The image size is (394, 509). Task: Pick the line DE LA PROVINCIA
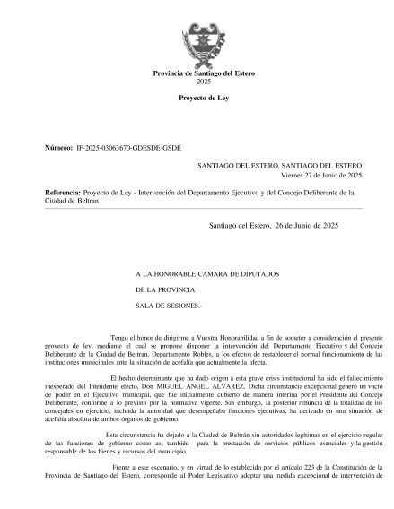[x=163, y=289]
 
